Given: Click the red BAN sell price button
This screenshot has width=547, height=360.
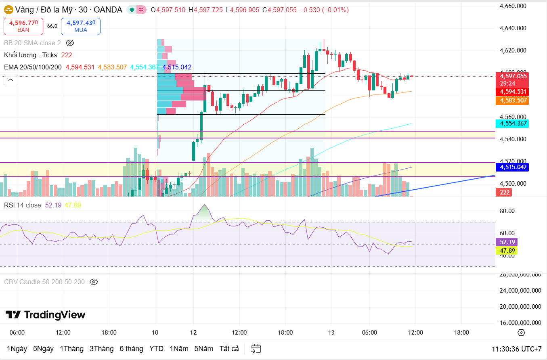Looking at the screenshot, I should coord(23,26).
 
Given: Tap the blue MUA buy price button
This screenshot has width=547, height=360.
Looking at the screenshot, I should coord(81,26).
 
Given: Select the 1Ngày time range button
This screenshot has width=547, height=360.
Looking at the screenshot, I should coord(17,349).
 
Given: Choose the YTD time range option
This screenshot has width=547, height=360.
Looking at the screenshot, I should coord(156,349).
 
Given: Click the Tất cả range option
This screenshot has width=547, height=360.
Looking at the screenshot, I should coord(229,349).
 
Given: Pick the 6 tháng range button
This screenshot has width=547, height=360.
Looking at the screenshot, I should coord(131,349).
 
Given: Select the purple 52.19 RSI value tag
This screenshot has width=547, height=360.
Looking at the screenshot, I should coord(507,242).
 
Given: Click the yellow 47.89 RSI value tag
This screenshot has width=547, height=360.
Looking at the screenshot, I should coord(507,251).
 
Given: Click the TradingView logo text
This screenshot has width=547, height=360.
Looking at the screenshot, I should coord(45,315).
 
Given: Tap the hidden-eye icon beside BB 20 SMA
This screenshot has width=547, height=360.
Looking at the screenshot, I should coord(70,43).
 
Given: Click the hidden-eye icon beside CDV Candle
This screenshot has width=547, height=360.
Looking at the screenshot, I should coord(94,282).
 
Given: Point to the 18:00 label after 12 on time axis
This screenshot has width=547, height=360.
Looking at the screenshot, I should coord(285,333).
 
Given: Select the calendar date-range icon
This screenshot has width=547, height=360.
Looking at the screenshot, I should coord(256,349).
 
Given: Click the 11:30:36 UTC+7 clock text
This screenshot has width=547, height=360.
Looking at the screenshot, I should coord(516,349).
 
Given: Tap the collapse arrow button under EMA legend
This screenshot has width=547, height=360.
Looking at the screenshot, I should coord(11,80).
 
